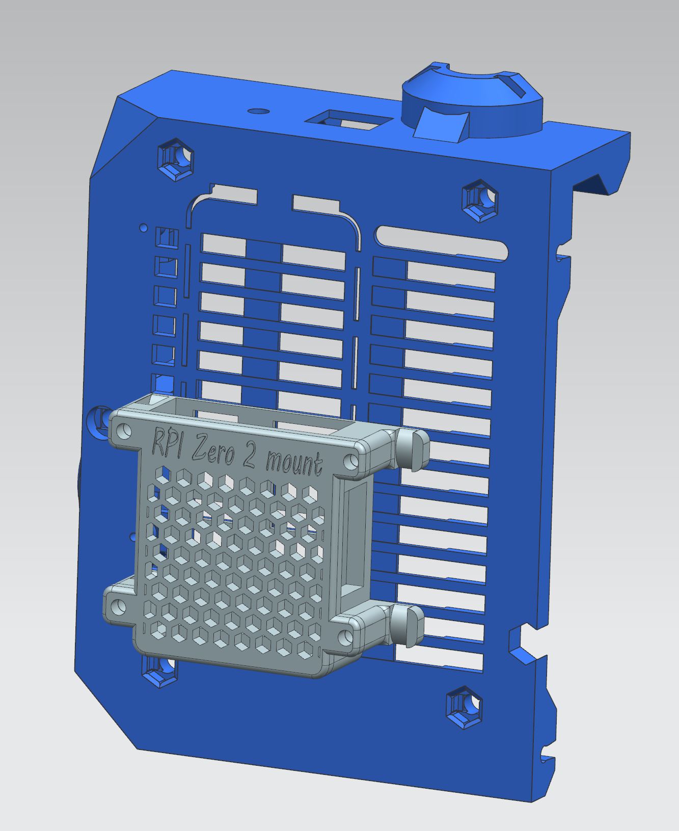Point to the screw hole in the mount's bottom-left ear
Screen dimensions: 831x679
click(118, 606)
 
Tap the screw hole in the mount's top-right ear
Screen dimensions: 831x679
click(351, 461)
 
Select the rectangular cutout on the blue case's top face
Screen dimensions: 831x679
click(349, 120)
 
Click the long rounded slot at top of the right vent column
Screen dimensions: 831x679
click(442, 244)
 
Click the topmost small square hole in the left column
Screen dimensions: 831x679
click(167, 237)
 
